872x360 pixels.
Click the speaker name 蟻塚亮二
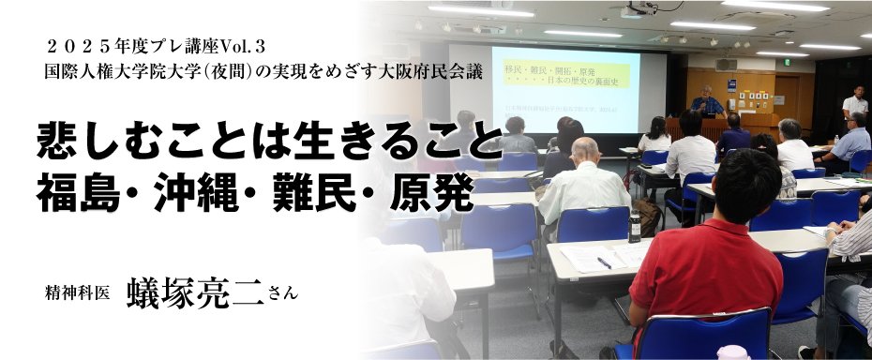195,292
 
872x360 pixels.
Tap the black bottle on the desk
635,226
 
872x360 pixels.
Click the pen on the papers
604,263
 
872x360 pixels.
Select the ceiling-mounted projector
635,11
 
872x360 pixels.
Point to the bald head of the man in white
584,149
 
